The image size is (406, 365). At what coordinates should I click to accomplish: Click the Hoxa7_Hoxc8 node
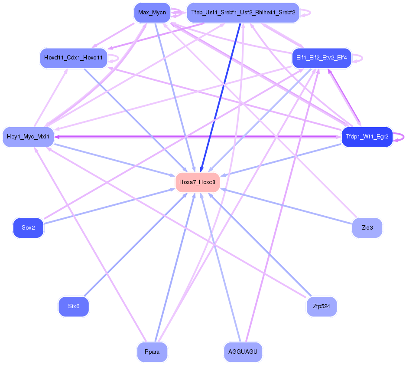[x=197, y=182]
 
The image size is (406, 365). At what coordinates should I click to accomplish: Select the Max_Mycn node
[x=152, y=13]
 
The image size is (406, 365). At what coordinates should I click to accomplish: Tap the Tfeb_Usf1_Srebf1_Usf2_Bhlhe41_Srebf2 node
[x=243, y=13]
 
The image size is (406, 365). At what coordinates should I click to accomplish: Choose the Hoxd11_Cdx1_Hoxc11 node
[x=73, y=57]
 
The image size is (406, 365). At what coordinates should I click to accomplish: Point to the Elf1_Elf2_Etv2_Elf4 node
[x=322, y=58]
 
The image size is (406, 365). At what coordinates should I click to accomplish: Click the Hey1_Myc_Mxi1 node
[x=28, y=137]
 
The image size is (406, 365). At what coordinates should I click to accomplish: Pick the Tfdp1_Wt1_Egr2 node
[x=367, y=137]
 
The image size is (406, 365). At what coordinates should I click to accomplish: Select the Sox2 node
[x=28, y=227]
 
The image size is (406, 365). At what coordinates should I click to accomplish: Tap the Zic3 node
[x=367, y=227]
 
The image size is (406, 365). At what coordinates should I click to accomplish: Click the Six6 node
[x=74, y=306]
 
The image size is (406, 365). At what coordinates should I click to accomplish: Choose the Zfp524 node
[x=321, y=306]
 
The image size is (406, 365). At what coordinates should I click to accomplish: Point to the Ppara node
[x=152, y=352]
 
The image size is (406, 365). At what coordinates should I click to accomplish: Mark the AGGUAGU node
[x=243, y=352]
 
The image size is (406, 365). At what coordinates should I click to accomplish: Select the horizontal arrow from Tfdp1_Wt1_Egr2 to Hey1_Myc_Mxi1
[x=195, y=136]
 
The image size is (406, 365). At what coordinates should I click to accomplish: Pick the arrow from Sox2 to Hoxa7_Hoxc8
[x=108, y=207]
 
